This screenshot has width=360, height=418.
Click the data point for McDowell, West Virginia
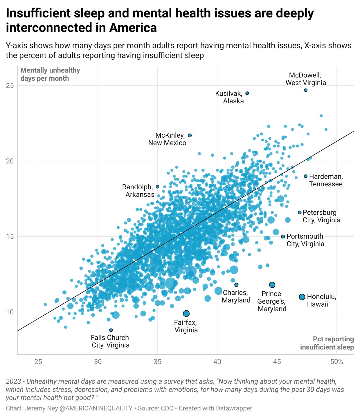tap(305, 90)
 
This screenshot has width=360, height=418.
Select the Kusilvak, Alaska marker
tap(247, 93)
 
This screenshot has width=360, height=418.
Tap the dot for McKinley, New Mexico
tap(190, 136)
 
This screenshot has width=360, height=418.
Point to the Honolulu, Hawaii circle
tap(302, 297)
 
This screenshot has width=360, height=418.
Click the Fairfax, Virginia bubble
tap(186, 313)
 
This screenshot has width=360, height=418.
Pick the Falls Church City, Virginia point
tap(111, 330)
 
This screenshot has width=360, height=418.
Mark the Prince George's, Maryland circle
tap(272, 285)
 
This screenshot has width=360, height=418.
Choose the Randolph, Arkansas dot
tap(158, 187)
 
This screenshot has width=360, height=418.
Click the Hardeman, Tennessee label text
tap(326, 180)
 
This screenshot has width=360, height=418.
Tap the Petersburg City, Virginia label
tap(321, 216)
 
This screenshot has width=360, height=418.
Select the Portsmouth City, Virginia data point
tap(283, 237)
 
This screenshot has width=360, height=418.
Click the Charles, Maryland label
tap(236, 296)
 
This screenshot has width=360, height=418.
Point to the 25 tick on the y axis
tap(10, 86)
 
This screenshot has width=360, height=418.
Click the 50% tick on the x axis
tap(337, 362)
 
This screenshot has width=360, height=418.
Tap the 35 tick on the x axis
tap(157, 362)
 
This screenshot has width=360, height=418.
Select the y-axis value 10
tap(10, 312)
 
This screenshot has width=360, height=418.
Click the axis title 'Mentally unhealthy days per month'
tap(50, 74)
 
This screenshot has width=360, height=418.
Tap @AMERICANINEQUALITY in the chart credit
tap(96, 408)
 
